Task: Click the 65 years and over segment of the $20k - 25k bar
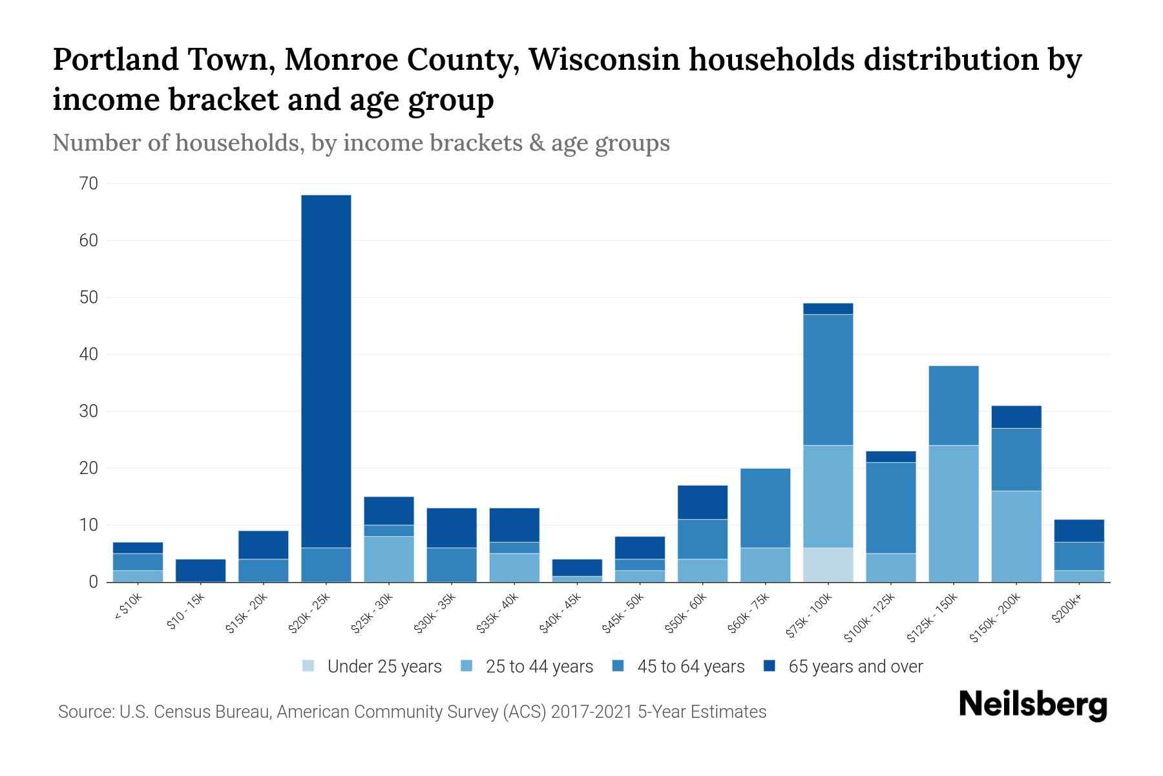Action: (326, 371)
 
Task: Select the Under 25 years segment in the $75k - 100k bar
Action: (828, 565)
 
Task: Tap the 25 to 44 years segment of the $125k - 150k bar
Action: (953, 513)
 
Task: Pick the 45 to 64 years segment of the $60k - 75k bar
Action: (765, 508)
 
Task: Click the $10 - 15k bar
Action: (200, 570)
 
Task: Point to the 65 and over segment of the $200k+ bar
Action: (1079, 530)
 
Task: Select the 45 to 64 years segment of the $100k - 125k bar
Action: (890, 508)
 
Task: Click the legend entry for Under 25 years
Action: (372, 667)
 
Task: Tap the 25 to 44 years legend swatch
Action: (466, 666)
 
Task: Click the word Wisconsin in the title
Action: (603, 59)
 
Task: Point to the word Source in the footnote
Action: (84, 712)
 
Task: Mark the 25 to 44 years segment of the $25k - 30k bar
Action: (389, 559)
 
